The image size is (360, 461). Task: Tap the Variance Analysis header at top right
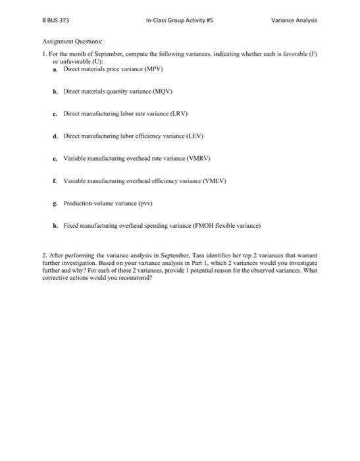[294, 20]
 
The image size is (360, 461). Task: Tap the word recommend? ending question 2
[136, 277]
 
